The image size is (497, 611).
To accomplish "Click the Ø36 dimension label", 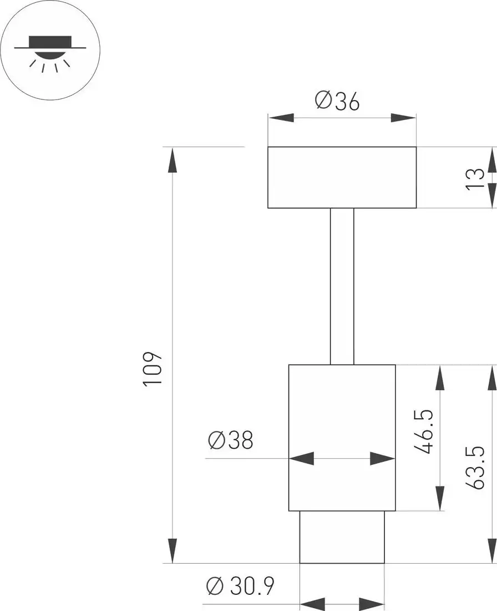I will [x=337, y=101].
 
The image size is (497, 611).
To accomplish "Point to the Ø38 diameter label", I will [x=230, y=440].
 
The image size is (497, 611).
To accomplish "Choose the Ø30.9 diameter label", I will [x=240, y=586].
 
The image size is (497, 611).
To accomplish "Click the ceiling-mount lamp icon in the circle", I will [x=50, y=51].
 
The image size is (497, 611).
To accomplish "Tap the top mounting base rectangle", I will [x=342, y=177].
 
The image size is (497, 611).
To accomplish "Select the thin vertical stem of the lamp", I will [x=342, y=286].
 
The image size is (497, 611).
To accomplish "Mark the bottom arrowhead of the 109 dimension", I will [x=173, y=550].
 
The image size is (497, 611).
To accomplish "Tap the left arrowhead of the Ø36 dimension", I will [x=281, y=118].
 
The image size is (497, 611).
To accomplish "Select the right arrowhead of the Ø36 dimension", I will [x=403, y=118].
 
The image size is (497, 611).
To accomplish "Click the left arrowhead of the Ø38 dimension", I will [x=302, y=459].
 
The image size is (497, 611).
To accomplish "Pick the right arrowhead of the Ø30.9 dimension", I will [x=372, y=604].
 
